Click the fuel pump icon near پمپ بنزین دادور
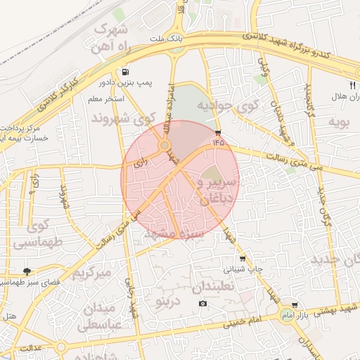pyautogui.click(x=125, y=72)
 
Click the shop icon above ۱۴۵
pyautogui.click(x=218, y=132)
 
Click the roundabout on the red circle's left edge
pyautogui.click(x=165, y=146)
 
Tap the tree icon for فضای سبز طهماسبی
pyautogui.click(x=27, y=271)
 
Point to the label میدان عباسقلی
pyautogui.click(x=102, y=316)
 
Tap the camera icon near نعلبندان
pyautogui.click(x=203, y=303)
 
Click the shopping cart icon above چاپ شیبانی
pyautogui.click(x=243, y=258)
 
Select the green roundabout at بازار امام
pyautogui.click(x=287, y=313)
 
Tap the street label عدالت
pyautogui.click(x=31, y=347)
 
